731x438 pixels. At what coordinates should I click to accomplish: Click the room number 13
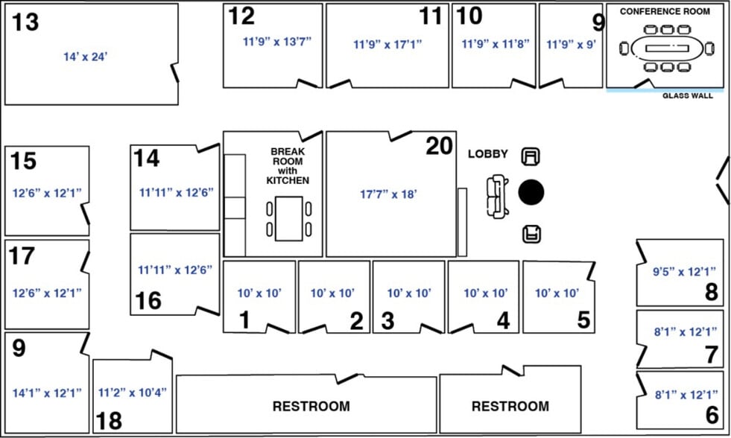click(25, 22)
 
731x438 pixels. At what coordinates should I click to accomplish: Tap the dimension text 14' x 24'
click(85, 57)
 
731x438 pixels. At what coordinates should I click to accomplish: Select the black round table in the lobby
click(531, 192)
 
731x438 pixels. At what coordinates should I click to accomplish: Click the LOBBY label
click(488, 153)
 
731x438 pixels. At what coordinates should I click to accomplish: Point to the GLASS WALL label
click(688, 95)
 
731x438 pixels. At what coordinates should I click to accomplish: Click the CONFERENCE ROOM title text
click(665, 11)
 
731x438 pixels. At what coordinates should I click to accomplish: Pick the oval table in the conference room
click(667, 48)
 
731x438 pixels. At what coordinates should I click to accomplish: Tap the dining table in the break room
click(288, 218)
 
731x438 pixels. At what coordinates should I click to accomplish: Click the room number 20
click(439, 146)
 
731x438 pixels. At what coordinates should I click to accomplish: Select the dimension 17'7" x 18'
click(388, 194)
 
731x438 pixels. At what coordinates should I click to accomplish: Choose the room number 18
click(109, 421)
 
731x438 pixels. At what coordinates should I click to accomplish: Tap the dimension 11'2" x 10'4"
click(132, 393)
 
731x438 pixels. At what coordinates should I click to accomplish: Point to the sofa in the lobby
click(497, 196)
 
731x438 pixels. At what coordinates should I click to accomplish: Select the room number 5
click(583, 320)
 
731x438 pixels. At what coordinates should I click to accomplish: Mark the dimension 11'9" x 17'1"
click(387, 44)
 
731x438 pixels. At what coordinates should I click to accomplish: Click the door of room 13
click(174, 73)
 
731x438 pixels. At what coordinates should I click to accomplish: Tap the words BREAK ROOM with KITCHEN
click(288, 166)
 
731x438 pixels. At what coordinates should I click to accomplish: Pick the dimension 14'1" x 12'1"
click(47, 393)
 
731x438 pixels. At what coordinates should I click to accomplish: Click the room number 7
click(711, 355)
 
